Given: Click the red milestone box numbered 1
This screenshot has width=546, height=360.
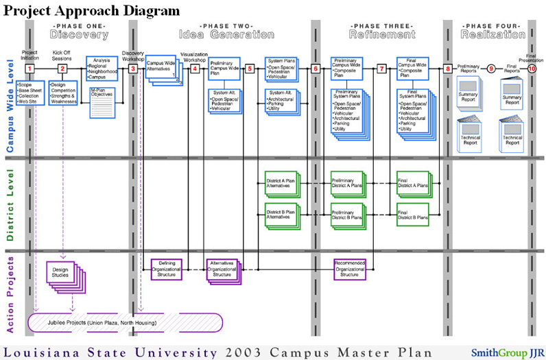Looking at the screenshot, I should [29, 69].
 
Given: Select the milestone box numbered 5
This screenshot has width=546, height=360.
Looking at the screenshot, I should [250, 69].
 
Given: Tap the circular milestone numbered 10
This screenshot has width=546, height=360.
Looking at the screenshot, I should [532, 69].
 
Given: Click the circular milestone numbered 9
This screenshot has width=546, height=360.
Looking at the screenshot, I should [491, 69].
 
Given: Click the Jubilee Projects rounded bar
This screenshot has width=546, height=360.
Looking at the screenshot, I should [124, 322].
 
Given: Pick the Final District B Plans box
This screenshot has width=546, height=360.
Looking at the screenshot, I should [412, 214].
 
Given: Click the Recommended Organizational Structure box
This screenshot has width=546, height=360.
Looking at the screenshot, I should [349, 268].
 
